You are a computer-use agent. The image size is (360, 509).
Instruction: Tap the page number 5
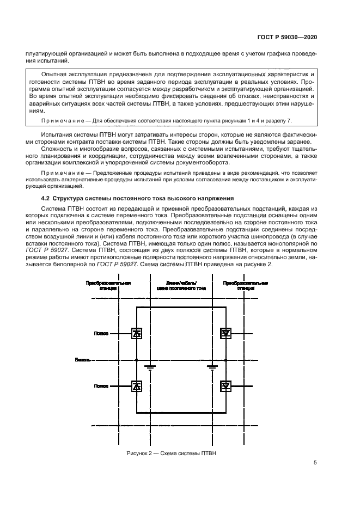tap(315, 463)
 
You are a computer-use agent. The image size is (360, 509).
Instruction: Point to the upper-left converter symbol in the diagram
tap(136, 334)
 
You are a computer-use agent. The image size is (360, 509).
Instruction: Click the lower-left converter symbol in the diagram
tap(136, 386)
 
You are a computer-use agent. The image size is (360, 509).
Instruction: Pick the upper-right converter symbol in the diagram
tap(225, 334)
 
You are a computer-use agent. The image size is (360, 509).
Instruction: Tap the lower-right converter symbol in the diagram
tap(225, 386)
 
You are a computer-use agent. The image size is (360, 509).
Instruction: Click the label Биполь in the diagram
tap(83, 360)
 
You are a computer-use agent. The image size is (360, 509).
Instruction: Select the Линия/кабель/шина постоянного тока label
tap(180, 286)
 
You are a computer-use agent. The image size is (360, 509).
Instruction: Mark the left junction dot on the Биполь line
tap(136, 360)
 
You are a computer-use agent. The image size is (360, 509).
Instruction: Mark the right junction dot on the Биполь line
tap(225, 360)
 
